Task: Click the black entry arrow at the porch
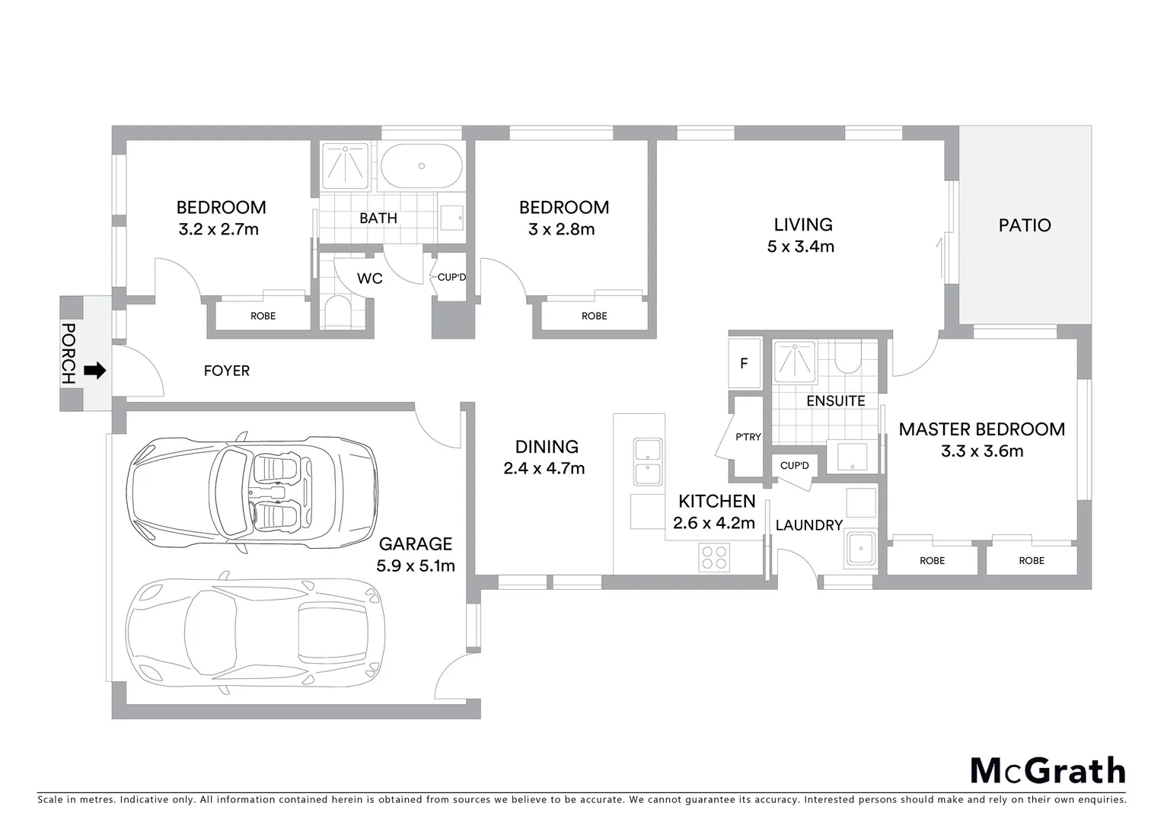[x=94, y=371]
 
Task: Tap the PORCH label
[x=69, y=353]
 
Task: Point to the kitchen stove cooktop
[x=714, y=557]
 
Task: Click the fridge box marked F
[x=745, y=364]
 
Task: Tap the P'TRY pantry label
[x=748, y=437]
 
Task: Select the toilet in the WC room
[x=336, y=313]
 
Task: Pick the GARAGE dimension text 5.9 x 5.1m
[x=416, y=566]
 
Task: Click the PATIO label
[x=1025, y=225]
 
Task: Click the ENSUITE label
[x=835, y=401]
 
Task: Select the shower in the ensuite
[x=795, y=361]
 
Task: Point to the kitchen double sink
[x=648, y=461]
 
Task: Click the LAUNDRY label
[x=808, y=525]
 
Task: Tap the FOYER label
[x=226, y=371]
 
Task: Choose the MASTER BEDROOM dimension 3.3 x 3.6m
[x=982, y=451]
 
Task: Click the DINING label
[x=547, y=447]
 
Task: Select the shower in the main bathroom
[x=346, y=166]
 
